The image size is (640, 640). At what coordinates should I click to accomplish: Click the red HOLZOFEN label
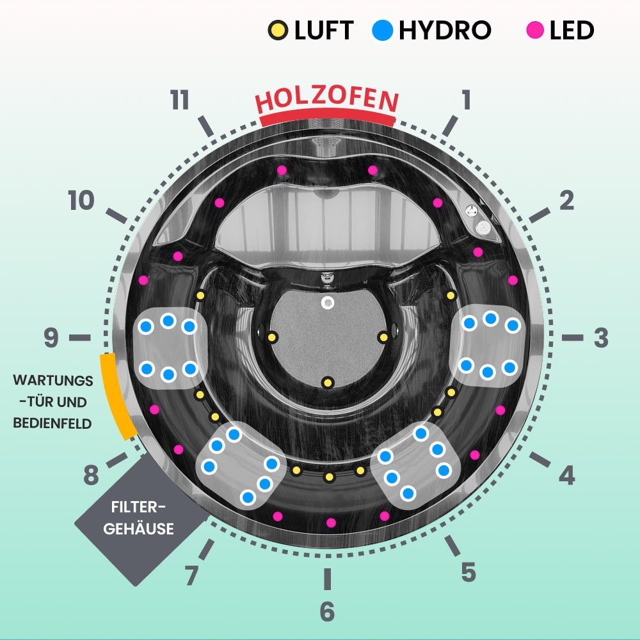(x=327, y=100)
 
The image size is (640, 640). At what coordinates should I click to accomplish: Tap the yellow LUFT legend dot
(x=278, y=30)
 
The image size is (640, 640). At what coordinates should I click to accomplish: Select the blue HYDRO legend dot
(x=382, y=30)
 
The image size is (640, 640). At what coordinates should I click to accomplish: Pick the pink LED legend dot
(x=534, y=30)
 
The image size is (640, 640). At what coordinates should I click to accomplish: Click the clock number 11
(x=180, y=100)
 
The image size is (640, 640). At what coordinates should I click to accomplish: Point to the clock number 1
(x=466, y=100)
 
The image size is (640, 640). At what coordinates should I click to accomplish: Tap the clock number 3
(x=600, y=339)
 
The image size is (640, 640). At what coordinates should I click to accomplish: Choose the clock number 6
(x=327, y=612)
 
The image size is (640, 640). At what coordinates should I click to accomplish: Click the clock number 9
(x=51, y=339)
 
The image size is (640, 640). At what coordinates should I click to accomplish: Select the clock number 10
(x=82, y=202)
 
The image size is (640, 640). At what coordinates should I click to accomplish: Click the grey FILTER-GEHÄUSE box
(x=143, y=518)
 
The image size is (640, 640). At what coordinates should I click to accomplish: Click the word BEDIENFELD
(x=53, y=423)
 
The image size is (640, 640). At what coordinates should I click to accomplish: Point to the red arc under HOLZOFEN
(x=327, y=118)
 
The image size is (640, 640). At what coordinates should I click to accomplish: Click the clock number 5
(x=468, y=572)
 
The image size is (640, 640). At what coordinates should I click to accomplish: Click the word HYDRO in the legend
(x=445, y=30)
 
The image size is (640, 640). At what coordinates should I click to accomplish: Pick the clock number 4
(x=566, y=476)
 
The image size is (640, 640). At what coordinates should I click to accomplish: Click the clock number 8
(x=91, y=476)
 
